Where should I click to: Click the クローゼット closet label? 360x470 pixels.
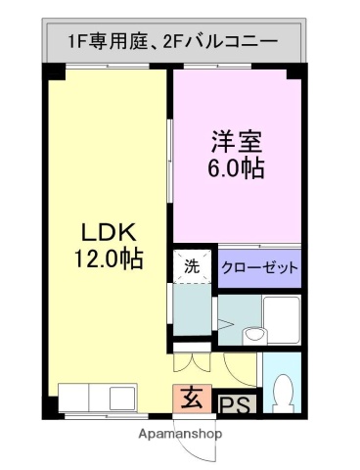(259, 267)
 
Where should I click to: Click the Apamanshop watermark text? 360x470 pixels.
(180, 433)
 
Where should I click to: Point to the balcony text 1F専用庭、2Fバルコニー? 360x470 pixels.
(172, 42)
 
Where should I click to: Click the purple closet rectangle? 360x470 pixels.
(259, 267)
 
